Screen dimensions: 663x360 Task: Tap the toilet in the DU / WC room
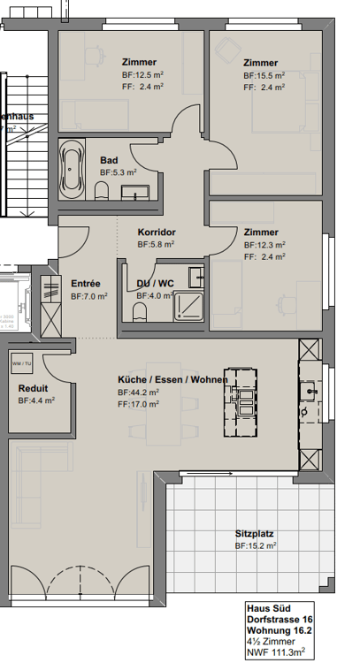coord(138,310)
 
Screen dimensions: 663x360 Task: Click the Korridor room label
coord(157,232)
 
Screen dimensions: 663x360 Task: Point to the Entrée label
coord(86,284)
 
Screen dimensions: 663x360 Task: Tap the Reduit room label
coord(33,388)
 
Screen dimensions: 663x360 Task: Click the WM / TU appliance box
coord(21,363)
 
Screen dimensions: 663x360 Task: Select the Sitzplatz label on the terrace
coord(254,534)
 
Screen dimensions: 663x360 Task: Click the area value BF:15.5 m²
coord(264,76)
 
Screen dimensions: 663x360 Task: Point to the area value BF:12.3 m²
coord(264,245)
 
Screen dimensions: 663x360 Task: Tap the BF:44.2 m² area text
coord(138,392)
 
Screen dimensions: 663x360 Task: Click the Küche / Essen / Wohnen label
coord(172,380)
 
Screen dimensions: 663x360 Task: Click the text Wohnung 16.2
coord(278,631)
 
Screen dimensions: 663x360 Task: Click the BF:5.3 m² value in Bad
coord(118,173)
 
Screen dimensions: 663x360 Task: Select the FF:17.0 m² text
coord(138,404)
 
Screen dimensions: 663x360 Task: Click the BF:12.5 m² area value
coord(142,75)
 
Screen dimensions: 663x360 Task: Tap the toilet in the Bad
coord(103,192)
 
